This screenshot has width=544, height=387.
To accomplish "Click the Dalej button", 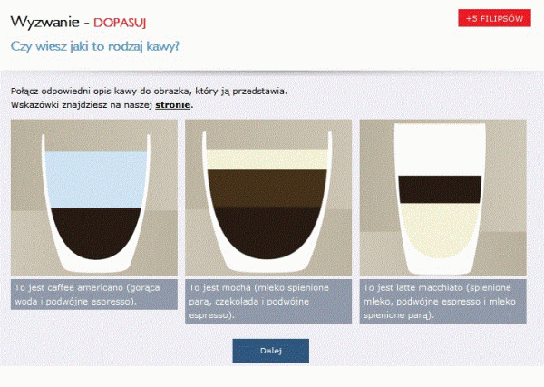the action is click(x=270, y=351).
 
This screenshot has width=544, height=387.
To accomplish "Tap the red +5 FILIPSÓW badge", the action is click(x=494, y=18).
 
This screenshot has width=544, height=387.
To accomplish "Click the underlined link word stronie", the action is click(x=172, y=105).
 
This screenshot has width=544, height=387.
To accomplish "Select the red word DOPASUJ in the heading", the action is click(x=120, y=23).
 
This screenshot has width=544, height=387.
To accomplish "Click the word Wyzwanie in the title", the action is click(x=45, y=22).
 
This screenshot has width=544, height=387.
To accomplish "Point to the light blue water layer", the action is click(x=95, y=179).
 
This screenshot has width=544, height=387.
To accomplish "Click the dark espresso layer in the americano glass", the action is click(x=95, y=232).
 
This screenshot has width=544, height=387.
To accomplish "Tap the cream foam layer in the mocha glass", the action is click(x=267, y=160).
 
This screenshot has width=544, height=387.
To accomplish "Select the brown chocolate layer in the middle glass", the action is click(x=267, y=189).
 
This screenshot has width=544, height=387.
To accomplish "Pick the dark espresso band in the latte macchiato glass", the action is click(x=440, y=189).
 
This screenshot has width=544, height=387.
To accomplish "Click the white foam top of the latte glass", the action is click(x=440, y=150).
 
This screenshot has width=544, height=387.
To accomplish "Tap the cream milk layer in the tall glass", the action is click(x=440, y=230).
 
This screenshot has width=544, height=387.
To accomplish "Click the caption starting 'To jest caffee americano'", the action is click(x=94, y=295).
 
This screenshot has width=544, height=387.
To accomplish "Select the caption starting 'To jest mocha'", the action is click(x=268, y=301).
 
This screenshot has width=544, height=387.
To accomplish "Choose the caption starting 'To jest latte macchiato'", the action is click(x=442, y=301).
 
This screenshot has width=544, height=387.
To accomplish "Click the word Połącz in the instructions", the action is click(x=24, y=92).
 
